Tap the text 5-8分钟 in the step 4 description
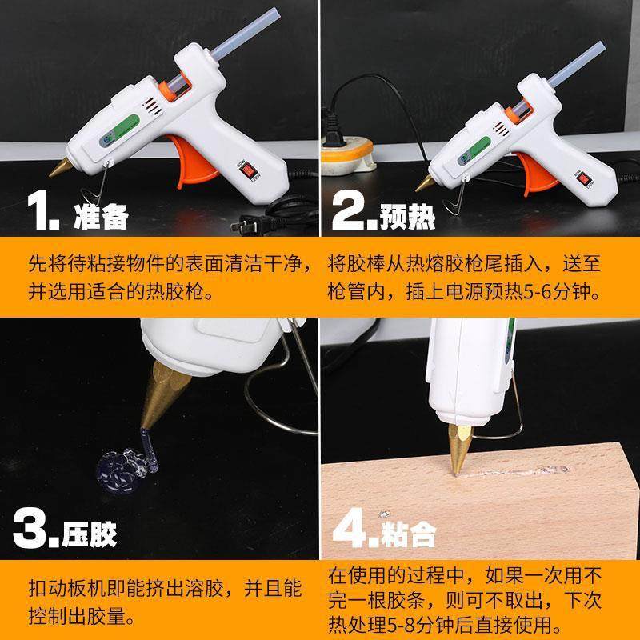(x=412, y=622)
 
